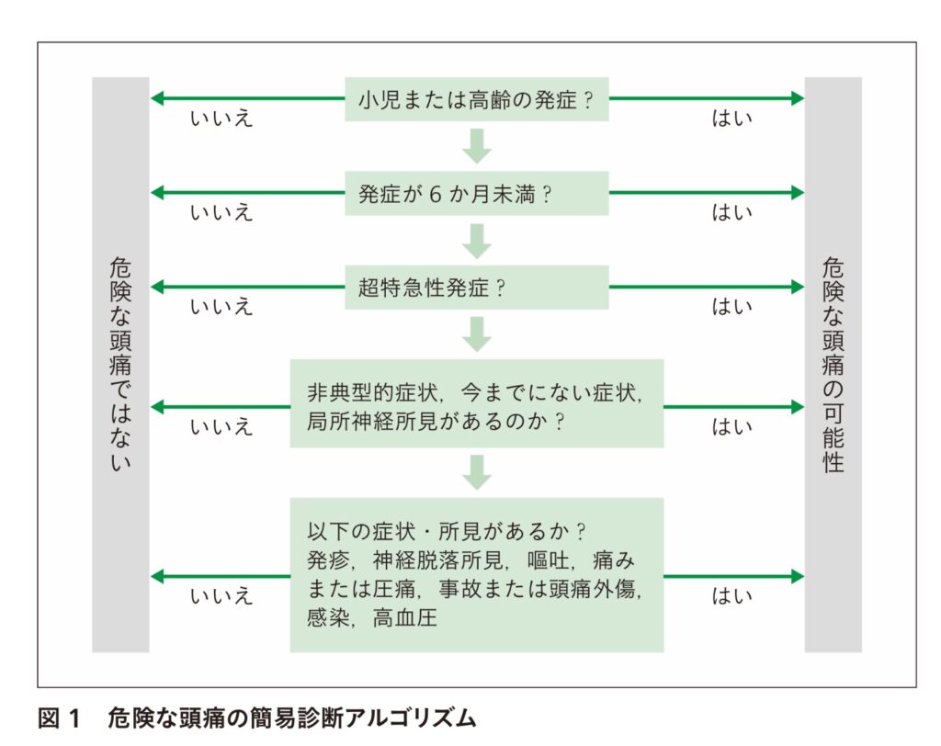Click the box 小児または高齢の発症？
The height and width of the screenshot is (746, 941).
477,99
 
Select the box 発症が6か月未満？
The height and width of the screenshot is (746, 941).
477,193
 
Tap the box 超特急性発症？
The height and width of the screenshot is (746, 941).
477,288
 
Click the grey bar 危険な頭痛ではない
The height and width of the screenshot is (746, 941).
120,365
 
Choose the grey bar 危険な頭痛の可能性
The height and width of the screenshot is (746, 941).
833,365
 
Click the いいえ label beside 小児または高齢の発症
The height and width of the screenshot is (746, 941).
221,119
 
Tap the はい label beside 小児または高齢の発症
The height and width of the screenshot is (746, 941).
732,119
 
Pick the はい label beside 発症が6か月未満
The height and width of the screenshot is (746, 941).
732,212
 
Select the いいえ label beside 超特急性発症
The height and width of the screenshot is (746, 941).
221,307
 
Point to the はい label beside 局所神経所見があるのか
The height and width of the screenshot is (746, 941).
732,426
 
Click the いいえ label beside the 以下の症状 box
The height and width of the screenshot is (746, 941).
221,596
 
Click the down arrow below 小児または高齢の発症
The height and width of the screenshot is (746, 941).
477,146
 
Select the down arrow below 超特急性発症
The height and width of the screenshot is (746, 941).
477,334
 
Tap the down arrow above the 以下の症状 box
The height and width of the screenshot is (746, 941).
477,472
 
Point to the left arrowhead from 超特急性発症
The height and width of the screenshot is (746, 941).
156,287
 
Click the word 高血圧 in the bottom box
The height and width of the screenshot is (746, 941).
405,618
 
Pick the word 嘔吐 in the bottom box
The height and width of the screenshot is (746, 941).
549,560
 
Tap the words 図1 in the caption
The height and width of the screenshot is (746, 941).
58,718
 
